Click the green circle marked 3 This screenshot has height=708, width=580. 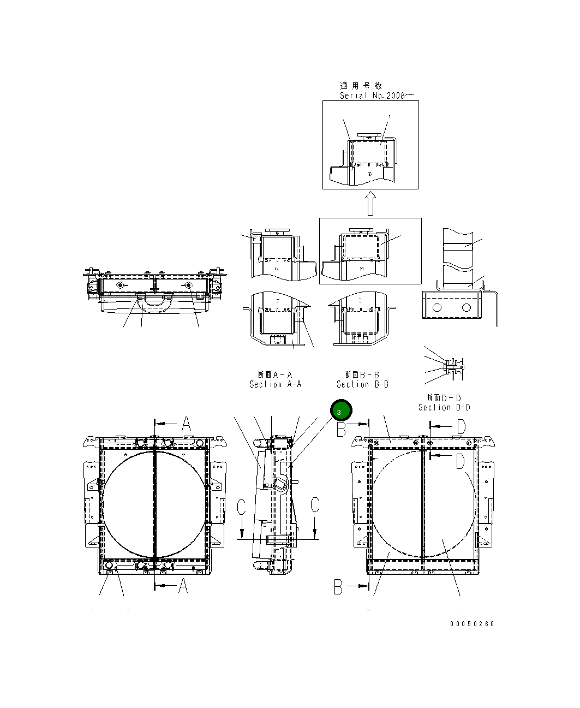341,411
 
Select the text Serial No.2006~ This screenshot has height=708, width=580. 376,96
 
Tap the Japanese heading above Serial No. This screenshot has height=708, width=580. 361,86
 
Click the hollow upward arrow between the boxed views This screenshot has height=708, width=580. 370,203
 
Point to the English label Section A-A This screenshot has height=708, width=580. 275,384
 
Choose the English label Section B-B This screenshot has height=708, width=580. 362,384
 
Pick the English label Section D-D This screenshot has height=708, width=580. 444,407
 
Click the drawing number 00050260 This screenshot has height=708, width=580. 472,624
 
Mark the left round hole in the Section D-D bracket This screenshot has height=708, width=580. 437,308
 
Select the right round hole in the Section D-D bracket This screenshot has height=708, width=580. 466,308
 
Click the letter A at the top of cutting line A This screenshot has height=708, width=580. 186,424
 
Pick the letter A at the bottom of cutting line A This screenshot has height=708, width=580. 183,586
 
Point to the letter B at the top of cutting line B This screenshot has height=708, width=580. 341,430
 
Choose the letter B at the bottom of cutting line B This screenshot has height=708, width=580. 339,587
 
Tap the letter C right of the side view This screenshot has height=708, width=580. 315,505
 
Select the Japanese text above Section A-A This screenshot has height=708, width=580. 275,375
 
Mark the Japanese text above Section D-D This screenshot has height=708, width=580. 444,398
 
